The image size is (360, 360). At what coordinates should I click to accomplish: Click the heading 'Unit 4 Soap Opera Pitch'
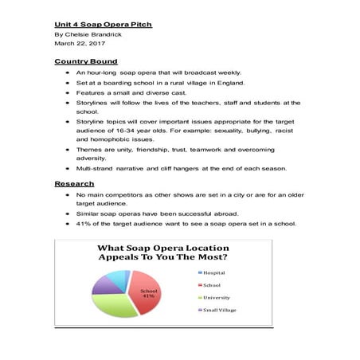(103, 25)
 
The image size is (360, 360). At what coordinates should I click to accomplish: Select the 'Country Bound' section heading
(86, 61)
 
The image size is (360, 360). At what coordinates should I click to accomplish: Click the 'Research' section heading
(74, 184)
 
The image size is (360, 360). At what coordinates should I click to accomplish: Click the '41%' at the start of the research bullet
(85, 224)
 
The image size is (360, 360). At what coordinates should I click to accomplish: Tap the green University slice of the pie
(119, 306)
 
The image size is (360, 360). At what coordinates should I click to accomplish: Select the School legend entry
(214, 284)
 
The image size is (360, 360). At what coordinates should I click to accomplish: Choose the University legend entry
(219, 297)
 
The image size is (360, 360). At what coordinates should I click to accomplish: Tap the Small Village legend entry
(222, 310)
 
